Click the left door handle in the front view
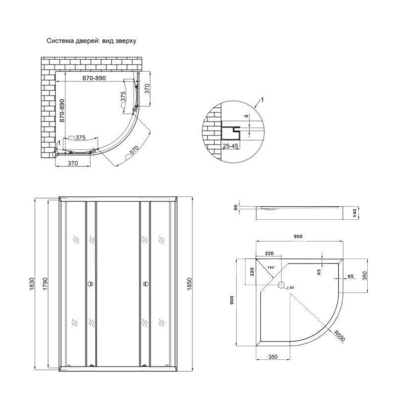point(90,284)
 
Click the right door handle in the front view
point(146,284)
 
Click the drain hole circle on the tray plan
point(281,286)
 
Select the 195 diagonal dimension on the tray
point(271,268)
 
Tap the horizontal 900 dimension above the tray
point(297,237)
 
